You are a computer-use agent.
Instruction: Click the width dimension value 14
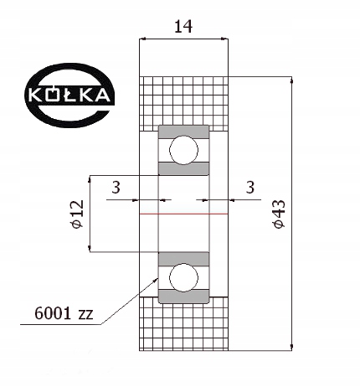pyautogui.click(x=183, y=26)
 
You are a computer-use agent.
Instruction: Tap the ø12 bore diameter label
pyautogui.click(x=76, y=214)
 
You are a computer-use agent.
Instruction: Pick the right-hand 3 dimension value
pyautogui.click(x=249, y=188)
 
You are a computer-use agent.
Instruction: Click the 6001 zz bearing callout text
pyautogui.click(x=64, y=315)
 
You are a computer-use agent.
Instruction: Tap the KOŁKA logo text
pyautogui.click(x=68, y=95)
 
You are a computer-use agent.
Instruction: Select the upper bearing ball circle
pyautogui.click(x=183, y=151)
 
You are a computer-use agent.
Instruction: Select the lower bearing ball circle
pyautogui.click(x=183, y=276)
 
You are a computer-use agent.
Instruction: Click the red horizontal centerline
pyautogui.click(x=183, y=214)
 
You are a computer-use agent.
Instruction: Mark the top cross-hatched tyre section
pyautogui.click(x=183, y=101)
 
